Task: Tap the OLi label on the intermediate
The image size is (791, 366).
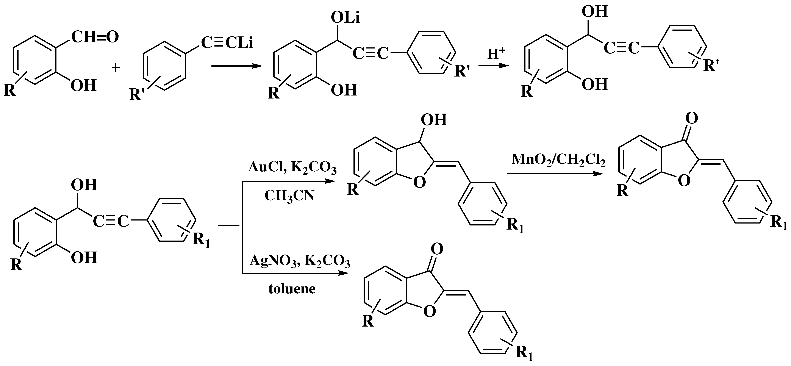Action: [345, 18]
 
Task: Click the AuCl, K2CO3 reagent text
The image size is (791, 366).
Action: [292, 168]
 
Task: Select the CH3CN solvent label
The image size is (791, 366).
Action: [289, 196]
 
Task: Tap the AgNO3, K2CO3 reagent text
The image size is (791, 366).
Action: [300, 261]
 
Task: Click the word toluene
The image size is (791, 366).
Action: [292, 289]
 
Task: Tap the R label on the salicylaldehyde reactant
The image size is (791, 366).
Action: [10, 91]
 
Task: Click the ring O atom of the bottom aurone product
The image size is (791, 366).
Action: [430, 312]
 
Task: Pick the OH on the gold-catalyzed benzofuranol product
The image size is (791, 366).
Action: [434, 120]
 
